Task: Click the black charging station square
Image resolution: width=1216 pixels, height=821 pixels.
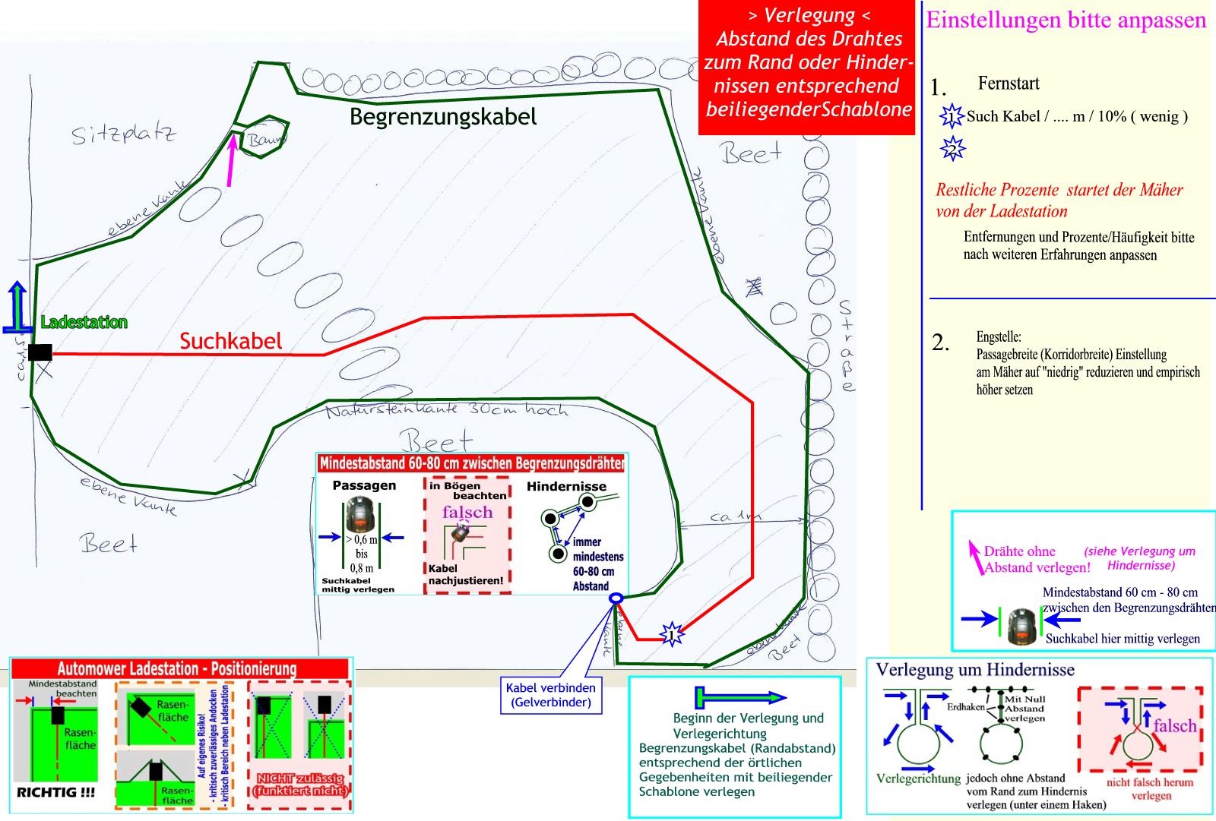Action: [40, 352]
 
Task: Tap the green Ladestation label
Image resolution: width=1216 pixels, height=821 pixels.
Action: [84, 323]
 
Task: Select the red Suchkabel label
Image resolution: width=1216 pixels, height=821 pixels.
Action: [230, 342]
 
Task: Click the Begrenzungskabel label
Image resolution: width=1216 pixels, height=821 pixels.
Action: [443, 117]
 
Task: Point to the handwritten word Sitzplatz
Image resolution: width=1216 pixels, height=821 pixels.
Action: [123, 135]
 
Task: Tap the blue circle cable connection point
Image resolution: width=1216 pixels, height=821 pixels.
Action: [616, 598]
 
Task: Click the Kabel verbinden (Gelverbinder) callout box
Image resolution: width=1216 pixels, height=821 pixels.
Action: [551, 695]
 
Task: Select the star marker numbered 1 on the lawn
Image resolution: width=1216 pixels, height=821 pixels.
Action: [671, 633]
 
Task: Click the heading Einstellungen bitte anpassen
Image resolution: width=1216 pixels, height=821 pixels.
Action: [1066, 21]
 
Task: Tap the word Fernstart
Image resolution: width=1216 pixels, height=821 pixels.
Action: [1009, 84]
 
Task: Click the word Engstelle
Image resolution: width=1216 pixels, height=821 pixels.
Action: [999, 336]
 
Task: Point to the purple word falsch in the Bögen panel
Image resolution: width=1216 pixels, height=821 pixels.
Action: [467, 513]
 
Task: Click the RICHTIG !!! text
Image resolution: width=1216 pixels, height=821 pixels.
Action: [56, 792]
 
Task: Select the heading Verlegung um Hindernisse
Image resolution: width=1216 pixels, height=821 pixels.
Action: [975, 670]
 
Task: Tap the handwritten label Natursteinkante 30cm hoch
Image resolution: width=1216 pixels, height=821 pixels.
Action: [447, 410]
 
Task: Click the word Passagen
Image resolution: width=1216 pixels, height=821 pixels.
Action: [364, 485]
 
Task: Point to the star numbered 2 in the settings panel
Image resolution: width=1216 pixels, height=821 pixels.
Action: [952, 149]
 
